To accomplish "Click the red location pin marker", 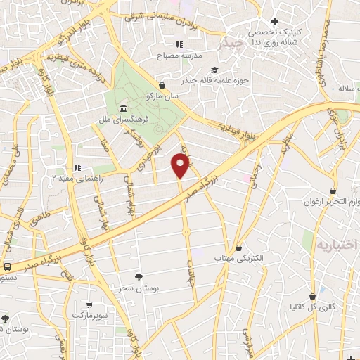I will [x=181, y=166].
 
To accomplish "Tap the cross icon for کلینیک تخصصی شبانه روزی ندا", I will [x=274, y=21].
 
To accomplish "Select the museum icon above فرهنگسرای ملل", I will [x=123, y=108].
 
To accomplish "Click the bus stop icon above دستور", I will [x=6, y=267].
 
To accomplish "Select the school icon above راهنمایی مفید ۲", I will [x=77, y=167].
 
